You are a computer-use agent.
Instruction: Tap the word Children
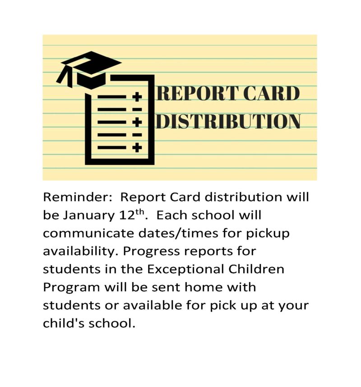pyautogui.click(x=257, y=269)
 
